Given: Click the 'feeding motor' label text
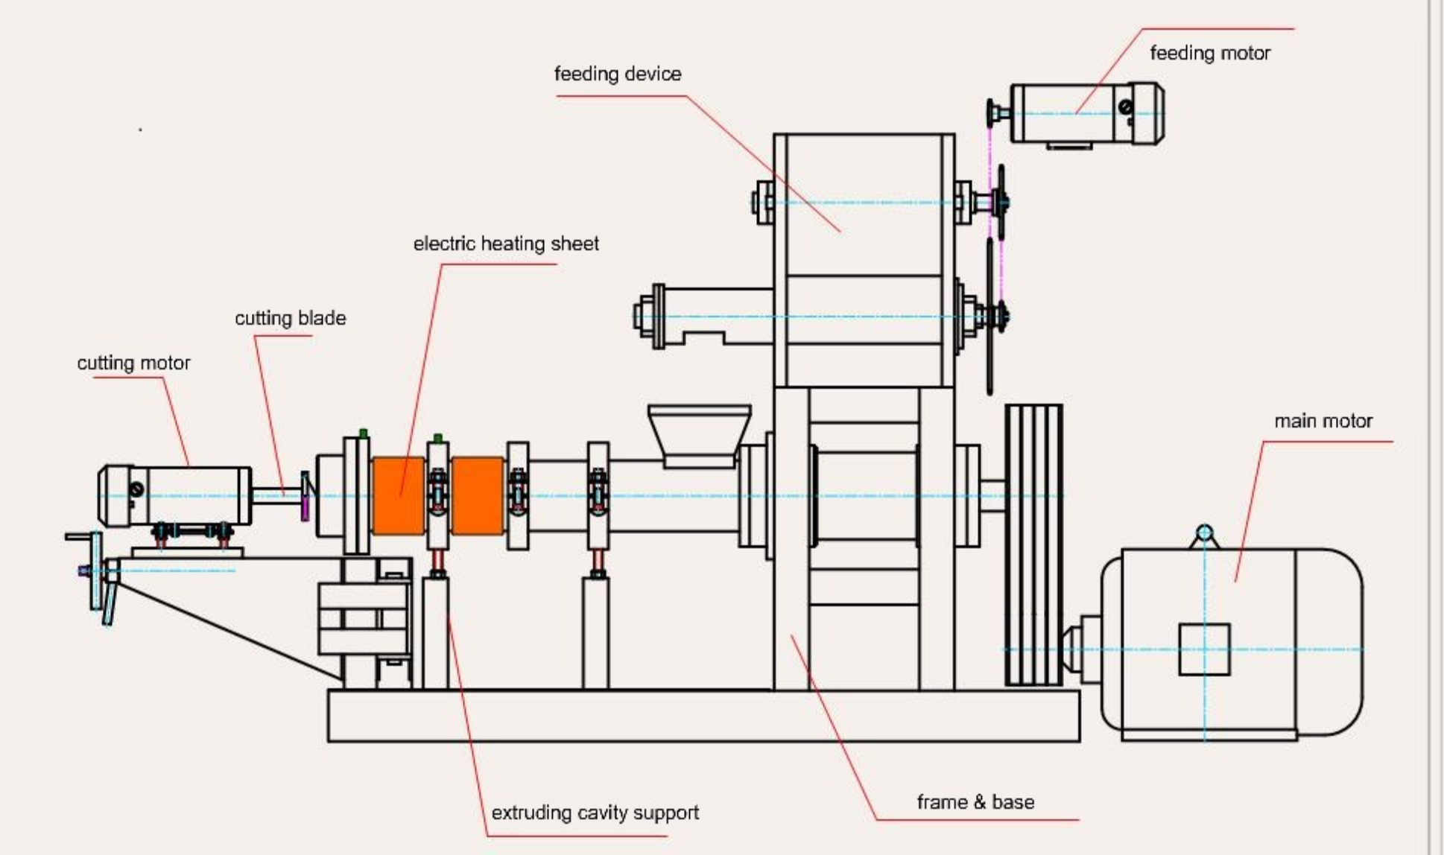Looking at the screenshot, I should click(1209, 53).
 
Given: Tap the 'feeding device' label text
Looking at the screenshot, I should click(617, 74).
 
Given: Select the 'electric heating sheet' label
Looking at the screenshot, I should click(505, 244).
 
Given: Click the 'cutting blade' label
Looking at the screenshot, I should click(290, 318).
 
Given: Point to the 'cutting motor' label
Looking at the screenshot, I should click(133, 363).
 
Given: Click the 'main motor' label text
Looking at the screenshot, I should click(1323, 421).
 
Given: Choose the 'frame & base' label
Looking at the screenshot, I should click(975, 802).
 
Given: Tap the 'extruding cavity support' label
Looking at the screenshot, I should click(595, 813).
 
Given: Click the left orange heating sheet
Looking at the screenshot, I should click(398, 495).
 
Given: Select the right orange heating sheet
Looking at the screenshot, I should click(477, 495).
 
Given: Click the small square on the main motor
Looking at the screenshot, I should click(1204, 649).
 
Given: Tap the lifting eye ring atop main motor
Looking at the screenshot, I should click(1204, 533).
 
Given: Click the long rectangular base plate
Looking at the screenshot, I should click(703, 716).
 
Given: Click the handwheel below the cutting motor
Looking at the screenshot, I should click(96, 570).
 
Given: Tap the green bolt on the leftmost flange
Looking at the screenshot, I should click(363, 433).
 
